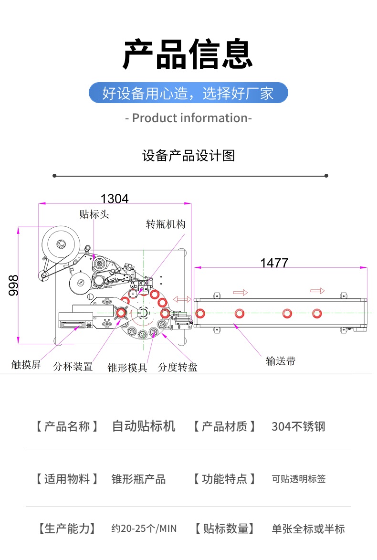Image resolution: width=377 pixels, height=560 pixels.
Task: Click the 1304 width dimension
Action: [x=115, y=198]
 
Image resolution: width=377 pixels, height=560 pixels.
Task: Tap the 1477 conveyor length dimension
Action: [x=274, y=263]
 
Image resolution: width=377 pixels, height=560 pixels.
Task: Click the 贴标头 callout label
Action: [x=94, y=214]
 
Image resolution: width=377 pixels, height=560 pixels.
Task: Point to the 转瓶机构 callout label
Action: [x=166, y=224]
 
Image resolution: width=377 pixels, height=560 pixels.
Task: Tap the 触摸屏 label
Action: [x=26, y=365]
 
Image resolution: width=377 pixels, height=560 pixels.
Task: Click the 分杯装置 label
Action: [x=73, y=366]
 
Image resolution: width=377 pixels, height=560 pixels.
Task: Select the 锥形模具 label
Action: [x=127, y=367]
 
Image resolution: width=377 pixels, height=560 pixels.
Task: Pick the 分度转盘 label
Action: [x=178, y=367]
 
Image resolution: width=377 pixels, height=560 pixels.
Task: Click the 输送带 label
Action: [x=281, y=361]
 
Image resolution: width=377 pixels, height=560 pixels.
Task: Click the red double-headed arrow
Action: [x=182, y=299]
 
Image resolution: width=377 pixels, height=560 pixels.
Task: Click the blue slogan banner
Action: [x=188, y=93]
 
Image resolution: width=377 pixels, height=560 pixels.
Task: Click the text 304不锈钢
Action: [x=298, y=426]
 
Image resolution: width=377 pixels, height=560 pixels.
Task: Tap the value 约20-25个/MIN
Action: [x=144, y=528]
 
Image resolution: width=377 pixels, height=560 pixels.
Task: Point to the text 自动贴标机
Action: [x=143, y=426]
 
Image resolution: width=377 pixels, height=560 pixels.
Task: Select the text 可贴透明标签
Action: [x=299, y=479]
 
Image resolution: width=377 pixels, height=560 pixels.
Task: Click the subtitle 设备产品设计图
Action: [x=188, y=156]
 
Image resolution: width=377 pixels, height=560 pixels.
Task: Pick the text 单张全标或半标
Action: [x=308, y=528]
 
